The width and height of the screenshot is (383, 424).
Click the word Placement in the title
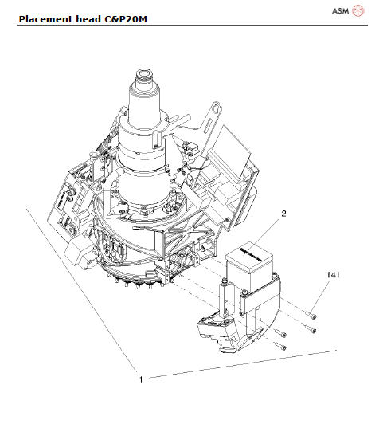tap(45, 18)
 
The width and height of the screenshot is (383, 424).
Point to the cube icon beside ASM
tap(359, 10)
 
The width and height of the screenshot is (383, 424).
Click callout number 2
tap(282, 213)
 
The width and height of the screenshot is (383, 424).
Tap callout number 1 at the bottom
tap(141, 379)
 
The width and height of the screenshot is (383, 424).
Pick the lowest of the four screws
tap(279, 347)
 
